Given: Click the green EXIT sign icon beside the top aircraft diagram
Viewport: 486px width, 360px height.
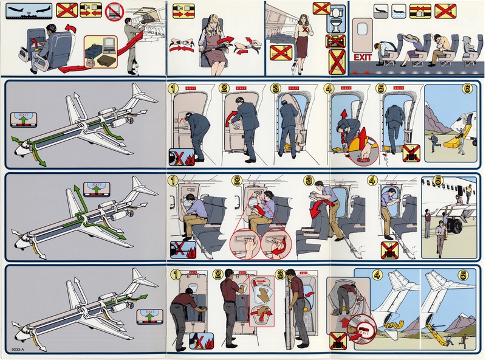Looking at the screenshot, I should pos(24,118).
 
